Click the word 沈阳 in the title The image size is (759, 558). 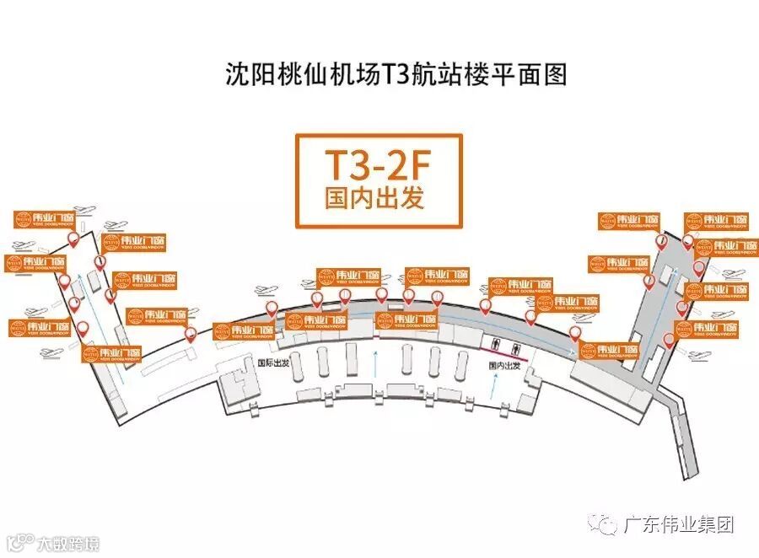click(245, 74)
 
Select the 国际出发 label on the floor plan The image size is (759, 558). click(272, 362)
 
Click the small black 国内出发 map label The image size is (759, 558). click(506, 367)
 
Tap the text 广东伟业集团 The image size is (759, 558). click(679, 524)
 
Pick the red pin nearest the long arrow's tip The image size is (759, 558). click(574, 333)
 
